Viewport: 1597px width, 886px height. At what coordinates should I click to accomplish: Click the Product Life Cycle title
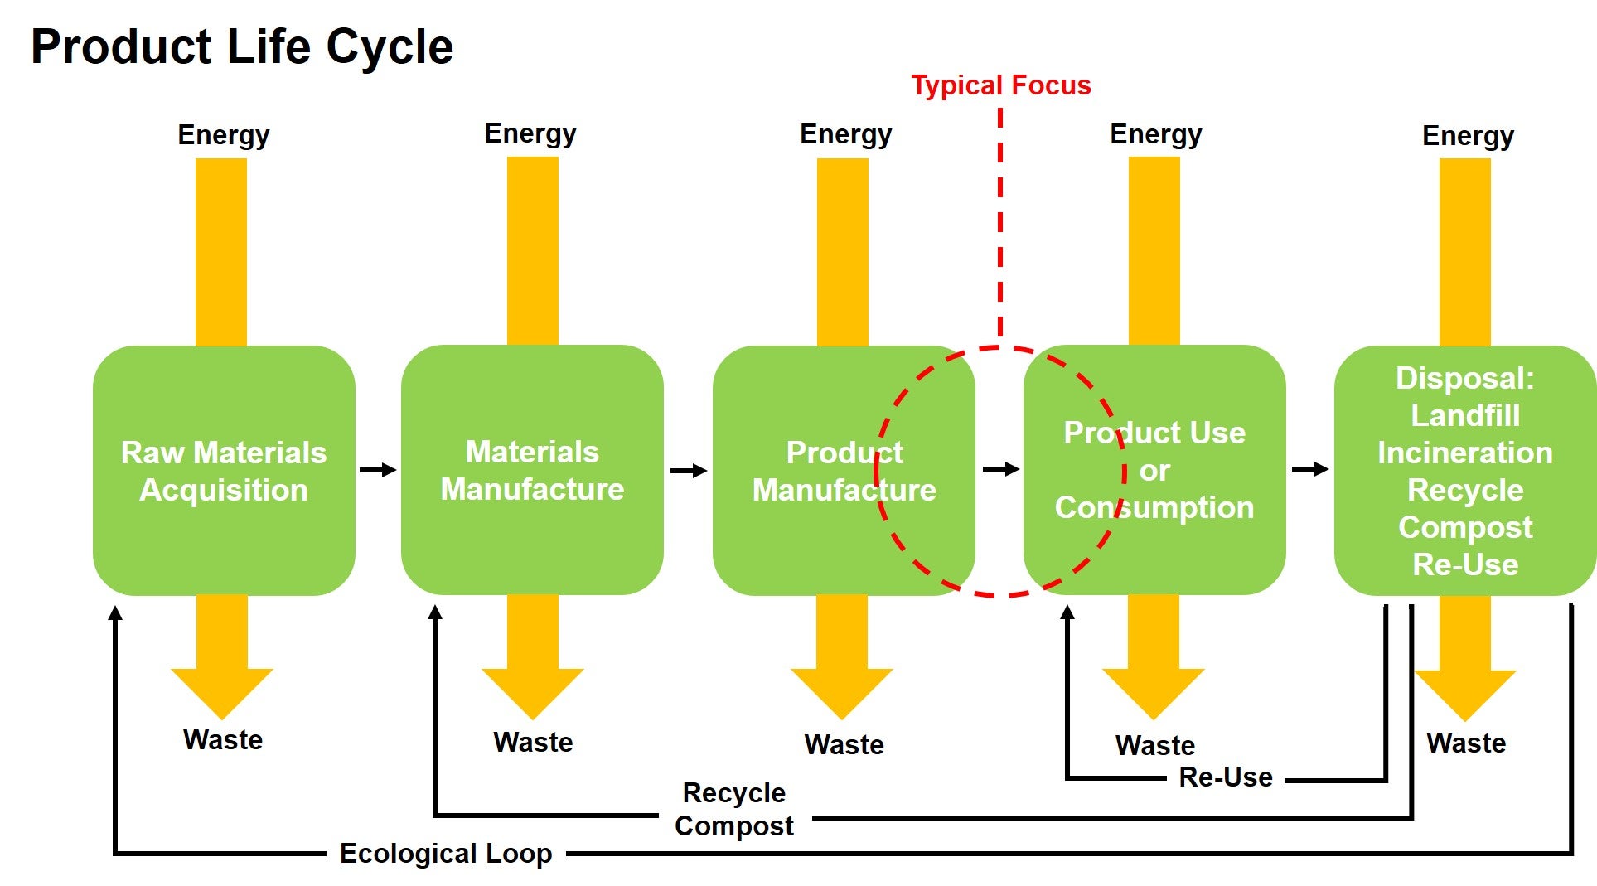point(242,47)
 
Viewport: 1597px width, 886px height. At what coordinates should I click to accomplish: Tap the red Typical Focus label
point(1001,85)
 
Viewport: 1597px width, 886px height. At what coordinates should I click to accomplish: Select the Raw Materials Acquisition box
point(224,470)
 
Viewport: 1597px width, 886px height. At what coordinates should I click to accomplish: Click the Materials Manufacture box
point(532,470)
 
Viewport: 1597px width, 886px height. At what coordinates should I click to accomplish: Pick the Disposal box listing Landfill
point(1465,470)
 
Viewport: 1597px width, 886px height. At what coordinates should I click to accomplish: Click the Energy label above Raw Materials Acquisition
point(224,135)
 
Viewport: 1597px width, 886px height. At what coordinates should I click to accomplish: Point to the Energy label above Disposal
point(1469,136)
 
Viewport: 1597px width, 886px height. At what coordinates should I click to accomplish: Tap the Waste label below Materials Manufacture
point(533,742)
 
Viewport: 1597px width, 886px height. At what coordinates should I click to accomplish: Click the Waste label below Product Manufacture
point(844,744)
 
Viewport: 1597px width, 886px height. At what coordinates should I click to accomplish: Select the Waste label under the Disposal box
point(1466,743)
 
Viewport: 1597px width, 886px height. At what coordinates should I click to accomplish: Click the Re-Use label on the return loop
point(1226,777)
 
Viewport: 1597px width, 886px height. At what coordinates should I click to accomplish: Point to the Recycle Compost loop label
point(734,809)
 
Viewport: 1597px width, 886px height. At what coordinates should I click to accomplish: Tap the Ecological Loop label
point(446,854)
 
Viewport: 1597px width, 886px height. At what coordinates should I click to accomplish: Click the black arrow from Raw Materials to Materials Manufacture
point(378,470)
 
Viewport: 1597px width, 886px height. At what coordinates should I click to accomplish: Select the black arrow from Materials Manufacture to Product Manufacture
point(689,471)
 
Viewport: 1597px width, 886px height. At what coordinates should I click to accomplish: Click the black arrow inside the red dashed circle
point(1001,469)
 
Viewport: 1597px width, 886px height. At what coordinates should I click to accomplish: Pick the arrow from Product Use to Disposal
point(1310,469)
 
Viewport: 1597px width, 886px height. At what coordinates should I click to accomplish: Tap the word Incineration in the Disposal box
point(1465,453)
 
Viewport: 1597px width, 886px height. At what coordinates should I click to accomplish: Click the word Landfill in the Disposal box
point(1465,415)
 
